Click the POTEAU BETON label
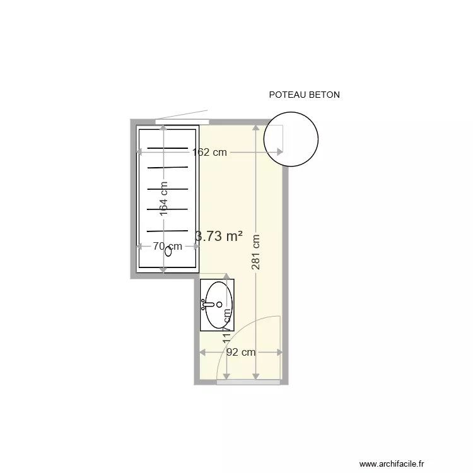click(x=304, y=95)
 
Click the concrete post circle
click(x=290, y=139)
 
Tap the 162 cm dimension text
click(x=210, y=152)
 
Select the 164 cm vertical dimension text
click(x=164, y=199)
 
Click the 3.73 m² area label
click(x=219, y=237)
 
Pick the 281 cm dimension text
click(x=255, y=252)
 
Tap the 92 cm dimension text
click(x=240, y=353)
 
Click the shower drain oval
click(x=168, y=252)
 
